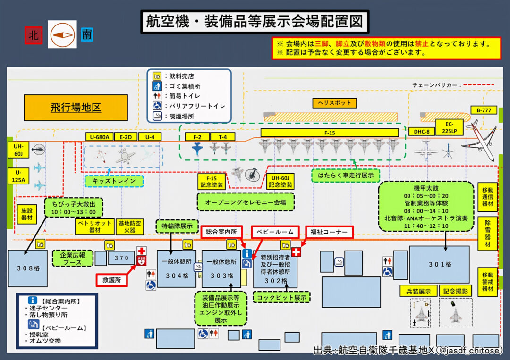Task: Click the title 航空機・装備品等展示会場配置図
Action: (255, 23)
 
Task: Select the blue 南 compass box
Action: (87, 34)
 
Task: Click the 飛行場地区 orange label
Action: (76, 108)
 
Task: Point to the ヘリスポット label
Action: (334, 103)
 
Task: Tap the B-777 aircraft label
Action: (484, 110)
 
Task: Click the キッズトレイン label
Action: (114, 181)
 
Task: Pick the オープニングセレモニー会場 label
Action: (246, 202)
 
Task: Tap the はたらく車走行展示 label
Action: (346, 176)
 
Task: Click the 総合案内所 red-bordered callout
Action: (221, 232)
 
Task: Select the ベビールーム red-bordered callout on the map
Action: (275, 232)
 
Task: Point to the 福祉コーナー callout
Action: (329, 232)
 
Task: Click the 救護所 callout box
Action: (112, 279)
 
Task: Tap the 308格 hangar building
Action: (28, 268)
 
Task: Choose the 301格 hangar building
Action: (440, 264)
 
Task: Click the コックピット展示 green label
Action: (281, 297)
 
